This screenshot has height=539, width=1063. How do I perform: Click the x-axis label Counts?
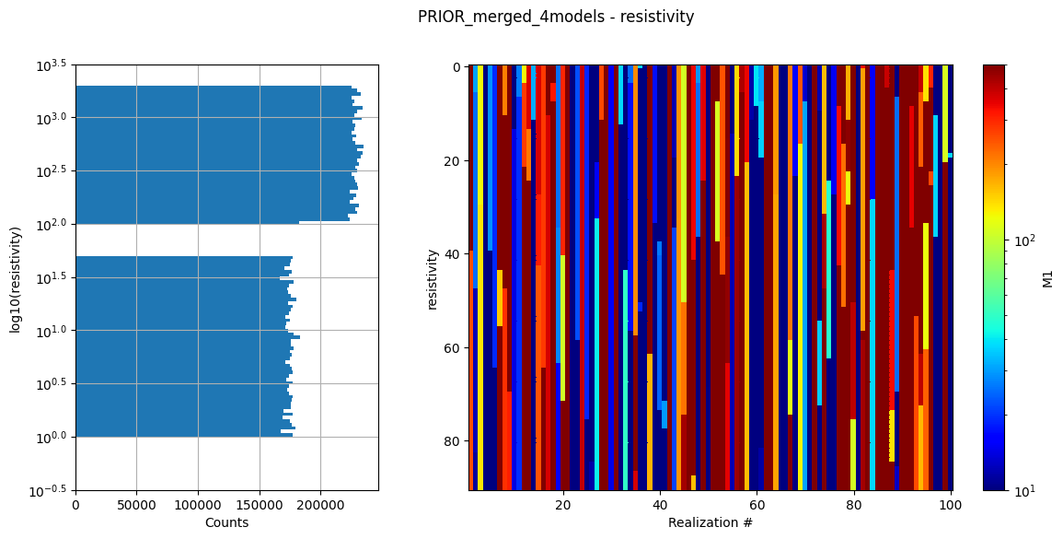click(x=226, y=522)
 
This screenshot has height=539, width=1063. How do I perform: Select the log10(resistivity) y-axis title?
click(x=16, y=277)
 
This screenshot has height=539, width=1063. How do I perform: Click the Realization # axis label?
click(x=710, y=522)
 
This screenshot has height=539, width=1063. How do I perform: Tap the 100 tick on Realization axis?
click(x=951, y=505)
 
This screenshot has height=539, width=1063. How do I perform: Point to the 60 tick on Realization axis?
click(x=757, y=505)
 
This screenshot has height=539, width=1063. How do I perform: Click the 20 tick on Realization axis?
click(x=563, y=505)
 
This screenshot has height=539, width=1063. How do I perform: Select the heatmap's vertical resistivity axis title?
click(x=433, y=277)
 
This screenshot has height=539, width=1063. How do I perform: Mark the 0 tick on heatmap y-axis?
click(x=457, y=67)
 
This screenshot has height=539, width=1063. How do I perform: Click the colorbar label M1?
click(x=1047, y=277)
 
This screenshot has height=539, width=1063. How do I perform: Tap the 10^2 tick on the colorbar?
click(x=1024, y=240)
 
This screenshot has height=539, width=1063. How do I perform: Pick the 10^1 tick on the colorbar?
click(x=1024, y=490)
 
